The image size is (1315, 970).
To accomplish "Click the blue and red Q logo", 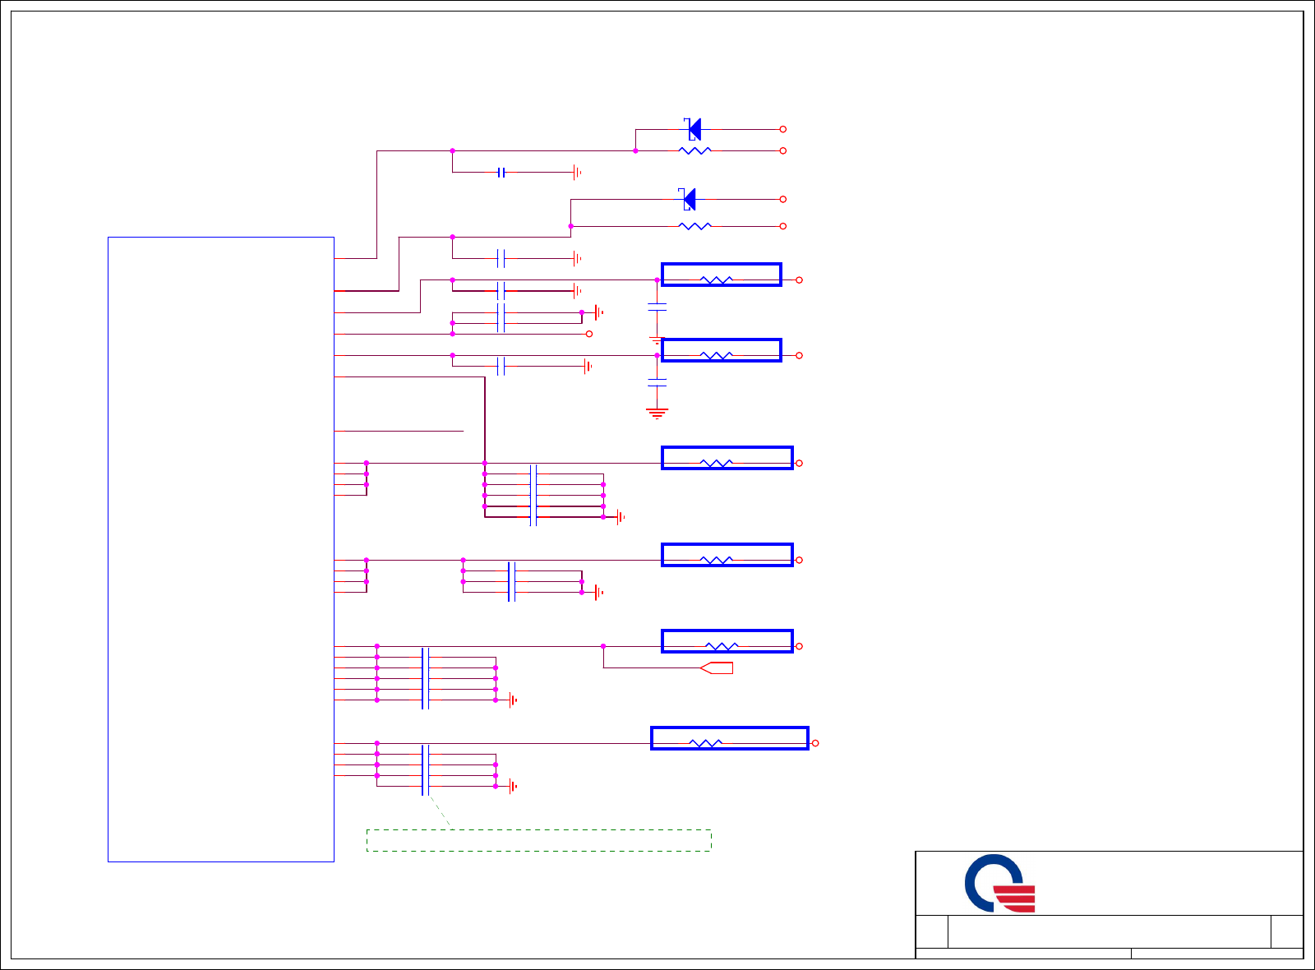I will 999,885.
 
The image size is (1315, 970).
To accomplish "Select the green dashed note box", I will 538,840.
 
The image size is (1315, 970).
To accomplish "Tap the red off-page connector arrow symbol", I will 717,667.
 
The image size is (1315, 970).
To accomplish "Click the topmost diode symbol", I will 694,129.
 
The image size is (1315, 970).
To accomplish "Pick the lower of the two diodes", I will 689,199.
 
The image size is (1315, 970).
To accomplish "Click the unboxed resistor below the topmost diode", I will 694,151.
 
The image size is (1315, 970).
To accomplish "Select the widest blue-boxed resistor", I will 729,738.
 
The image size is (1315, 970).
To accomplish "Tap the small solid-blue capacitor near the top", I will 501,173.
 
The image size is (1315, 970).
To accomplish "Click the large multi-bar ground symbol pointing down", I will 657,413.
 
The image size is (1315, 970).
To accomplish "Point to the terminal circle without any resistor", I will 588,334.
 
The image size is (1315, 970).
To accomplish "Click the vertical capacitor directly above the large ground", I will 657,382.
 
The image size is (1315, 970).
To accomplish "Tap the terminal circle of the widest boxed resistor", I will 815,743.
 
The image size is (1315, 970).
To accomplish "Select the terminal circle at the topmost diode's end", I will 782,129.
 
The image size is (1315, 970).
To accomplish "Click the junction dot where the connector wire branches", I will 603,646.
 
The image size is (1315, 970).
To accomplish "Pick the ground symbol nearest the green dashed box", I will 513,786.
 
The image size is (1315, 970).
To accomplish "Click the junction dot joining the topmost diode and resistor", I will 635,151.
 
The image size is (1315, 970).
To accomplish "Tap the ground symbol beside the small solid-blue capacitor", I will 577,173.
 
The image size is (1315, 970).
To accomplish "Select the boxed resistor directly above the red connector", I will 727,641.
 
